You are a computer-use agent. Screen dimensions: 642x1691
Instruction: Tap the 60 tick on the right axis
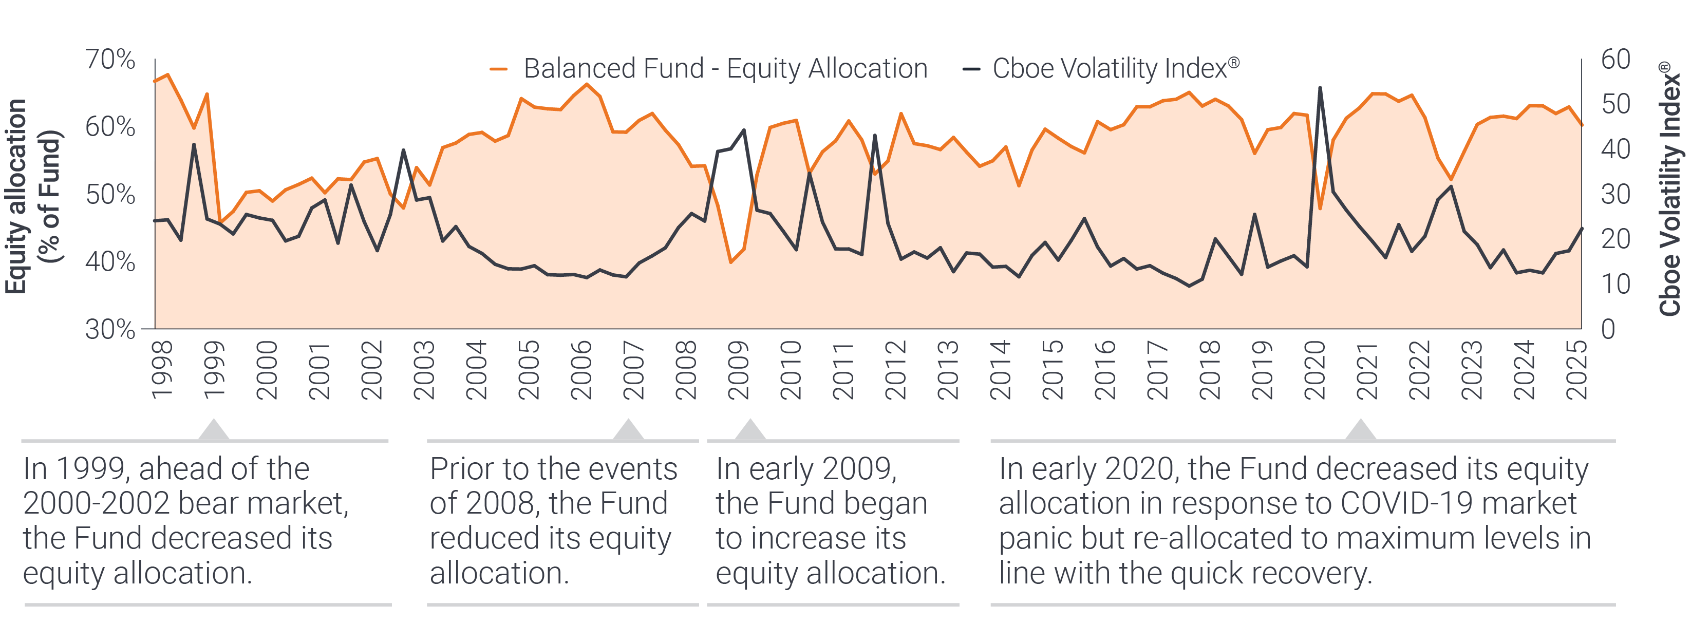(1615, 60)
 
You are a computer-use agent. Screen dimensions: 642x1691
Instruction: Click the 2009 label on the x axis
(739, 370)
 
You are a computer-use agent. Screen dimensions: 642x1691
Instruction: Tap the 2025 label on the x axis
(1577, 370)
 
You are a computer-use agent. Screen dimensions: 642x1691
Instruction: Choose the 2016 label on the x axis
(1105, 370)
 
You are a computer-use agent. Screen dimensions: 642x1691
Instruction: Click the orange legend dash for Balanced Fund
(499, 69)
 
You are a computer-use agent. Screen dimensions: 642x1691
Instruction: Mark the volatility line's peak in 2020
(1320, 88)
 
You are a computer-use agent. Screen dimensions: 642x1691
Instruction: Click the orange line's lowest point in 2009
(730, 262)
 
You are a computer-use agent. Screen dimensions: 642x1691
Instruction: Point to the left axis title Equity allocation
(16, 196)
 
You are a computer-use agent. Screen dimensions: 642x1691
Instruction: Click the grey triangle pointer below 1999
(213, 430)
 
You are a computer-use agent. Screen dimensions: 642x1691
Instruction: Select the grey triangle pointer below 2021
(1361, 430)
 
